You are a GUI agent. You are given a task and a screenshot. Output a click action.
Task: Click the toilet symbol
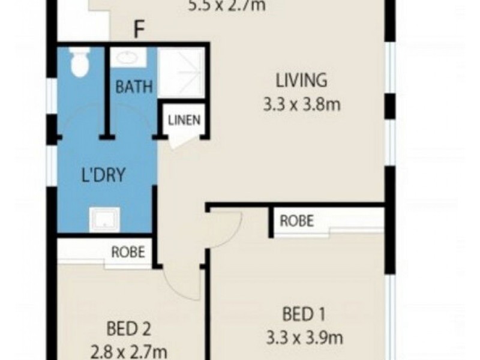pos(79,62)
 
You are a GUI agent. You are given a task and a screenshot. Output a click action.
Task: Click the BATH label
pos(134,87)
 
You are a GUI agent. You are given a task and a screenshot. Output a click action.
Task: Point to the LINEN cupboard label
pos(184,120)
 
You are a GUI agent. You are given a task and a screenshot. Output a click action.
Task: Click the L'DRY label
pos(103,176)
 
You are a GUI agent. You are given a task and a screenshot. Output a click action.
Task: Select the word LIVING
pos(301,80)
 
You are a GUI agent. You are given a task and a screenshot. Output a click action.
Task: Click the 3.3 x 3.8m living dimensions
pos(301,105)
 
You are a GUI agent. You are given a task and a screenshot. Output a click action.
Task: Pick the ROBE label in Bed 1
pos(297,221)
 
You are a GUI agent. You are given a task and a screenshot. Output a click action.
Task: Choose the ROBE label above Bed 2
pos(128,251)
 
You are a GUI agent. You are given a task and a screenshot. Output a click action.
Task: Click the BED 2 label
pos(128,329)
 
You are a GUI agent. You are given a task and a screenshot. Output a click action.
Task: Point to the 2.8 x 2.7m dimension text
pos(128,351)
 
